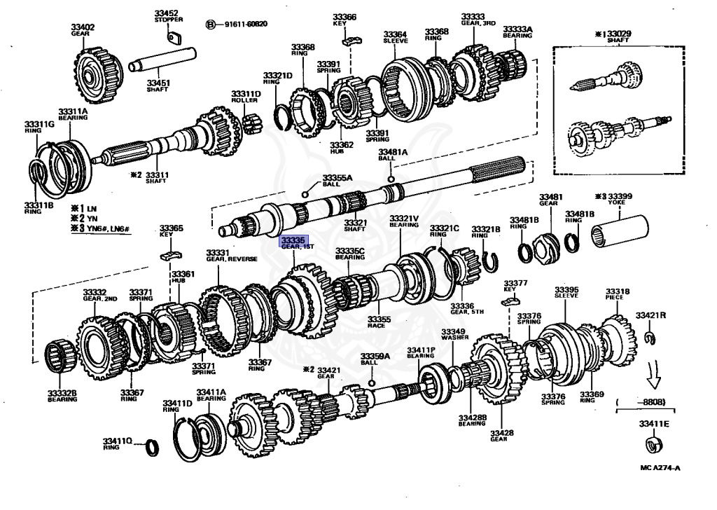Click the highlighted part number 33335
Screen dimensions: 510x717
point(293,240)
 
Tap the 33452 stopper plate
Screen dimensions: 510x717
point(176,38)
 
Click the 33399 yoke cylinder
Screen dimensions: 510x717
point(620,230)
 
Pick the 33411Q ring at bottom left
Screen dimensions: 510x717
point(151,446)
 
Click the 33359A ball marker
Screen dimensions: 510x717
point(371,382)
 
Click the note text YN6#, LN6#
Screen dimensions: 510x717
point(111,228)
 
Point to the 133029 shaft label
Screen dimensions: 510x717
point(617,37)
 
